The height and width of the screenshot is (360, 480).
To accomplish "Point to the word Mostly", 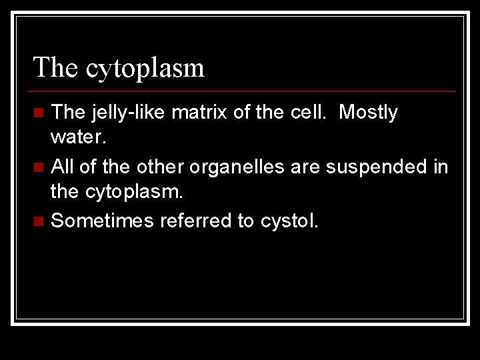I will pos(368,113).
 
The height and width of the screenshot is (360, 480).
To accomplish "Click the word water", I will pos(77,139).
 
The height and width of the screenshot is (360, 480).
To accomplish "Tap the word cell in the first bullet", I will pos(309,113).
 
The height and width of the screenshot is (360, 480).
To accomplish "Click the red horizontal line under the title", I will pos(244,91).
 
